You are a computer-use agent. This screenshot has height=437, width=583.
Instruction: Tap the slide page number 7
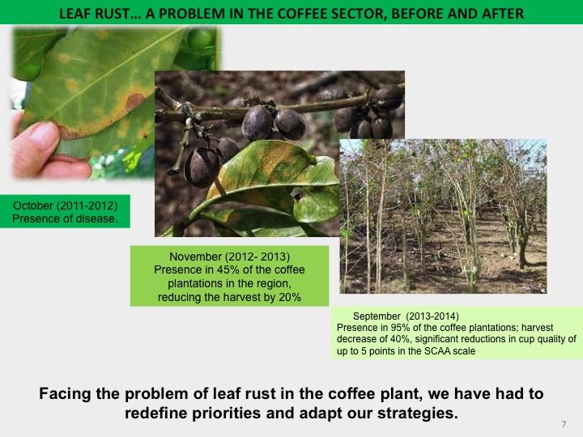pos(564,424)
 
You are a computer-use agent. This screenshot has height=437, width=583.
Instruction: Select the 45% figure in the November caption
pos(225,269)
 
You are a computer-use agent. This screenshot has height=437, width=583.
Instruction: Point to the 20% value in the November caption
pos(292,297)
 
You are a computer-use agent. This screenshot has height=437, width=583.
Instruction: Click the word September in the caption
pos(377,316)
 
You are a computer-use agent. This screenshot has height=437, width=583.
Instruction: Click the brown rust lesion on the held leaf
pos(134,100)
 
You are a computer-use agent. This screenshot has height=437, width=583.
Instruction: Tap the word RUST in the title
pos(113,14)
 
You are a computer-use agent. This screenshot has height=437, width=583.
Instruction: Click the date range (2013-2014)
pos(432,316)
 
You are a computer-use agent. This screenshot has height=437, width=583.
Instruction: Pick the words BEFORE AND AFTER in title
pos(457,14)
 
